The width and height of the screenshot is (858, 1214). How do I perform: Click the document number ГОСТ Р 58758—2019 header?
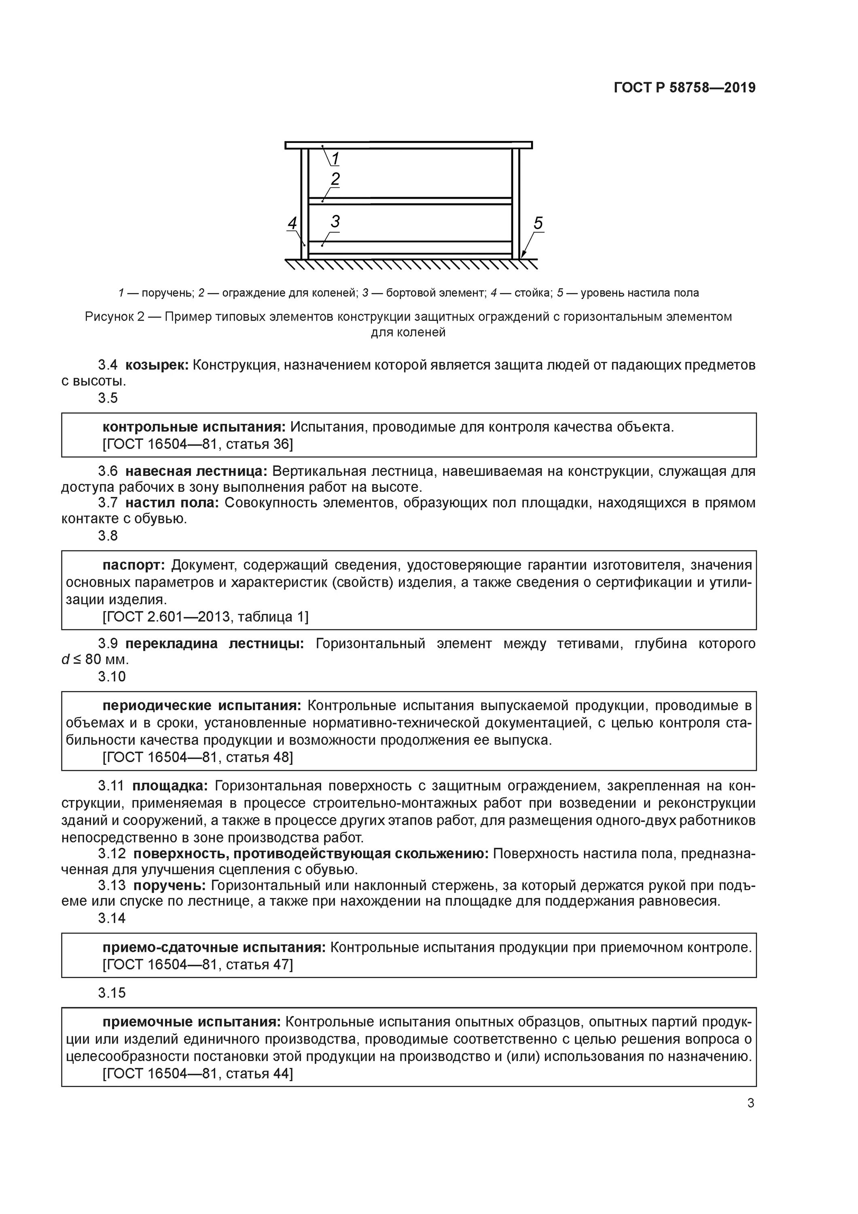pyautogui.click(x=684, y=88)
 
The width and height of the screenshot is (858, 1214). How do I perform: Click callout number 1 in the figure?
pyautogui.click(x=335, y=158)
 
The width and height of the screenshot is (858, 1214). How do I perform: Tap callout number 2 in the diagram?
pyautogui.click(x=335, y=179)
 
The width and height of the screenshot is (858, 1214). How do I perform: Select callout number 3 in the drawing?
pyautogui.click(x=335, y=221)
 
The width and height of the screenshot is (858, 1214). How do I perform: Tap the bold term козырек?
pyautogui.click(x=157, y=365)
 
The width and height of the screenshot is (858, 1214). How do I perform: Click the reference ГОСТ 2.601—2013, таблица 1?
pyautogui.click(x=205, y=617)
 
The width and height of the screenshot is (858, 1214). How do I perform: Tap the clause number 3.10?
pyautogui.click(x=112, y=677)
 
